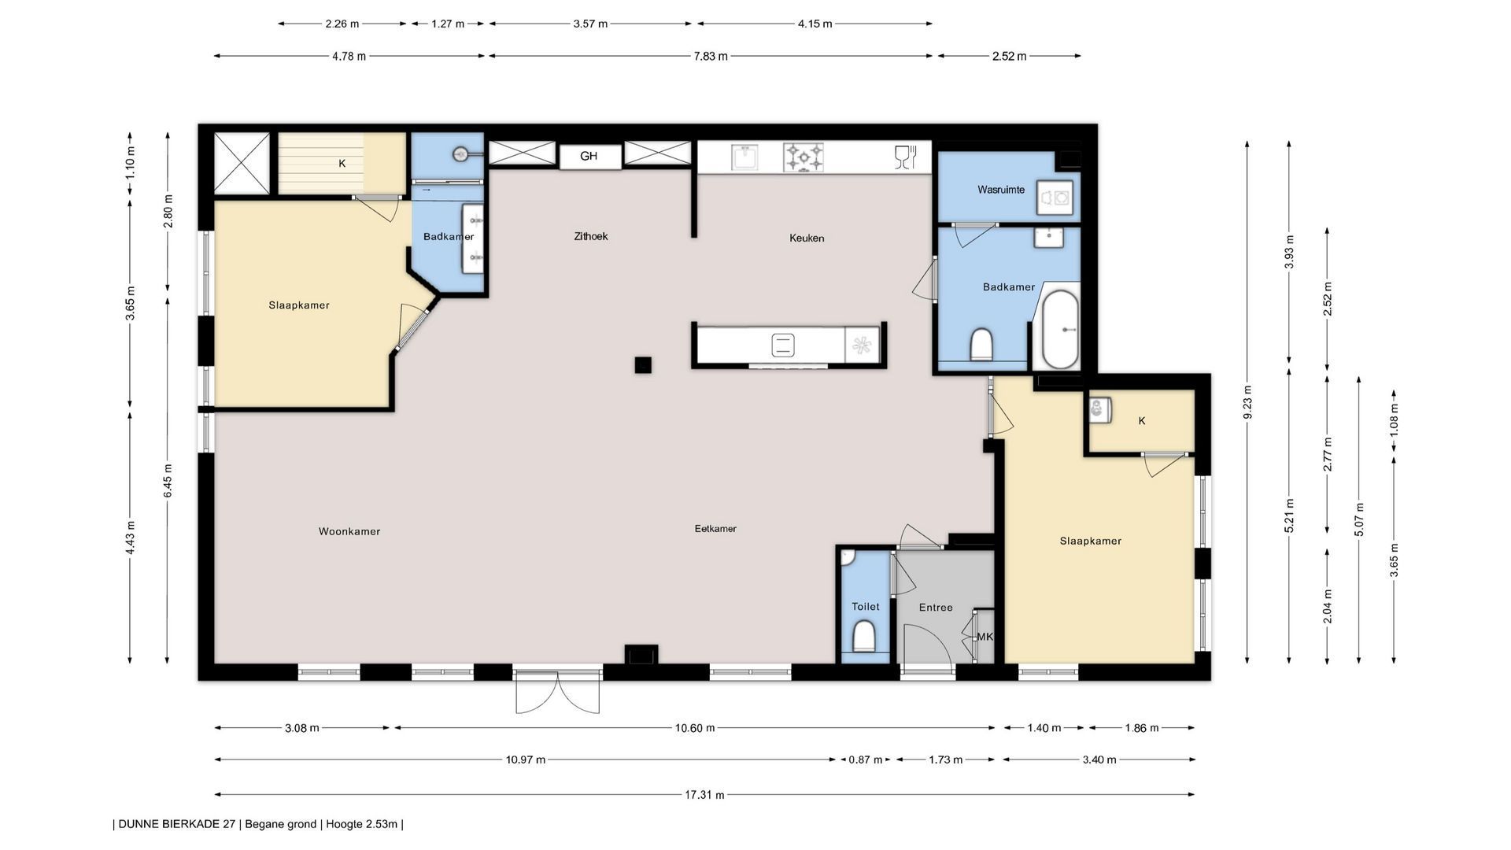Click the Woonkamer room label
349,531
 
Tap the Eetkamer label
715,529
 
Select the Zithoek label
591,236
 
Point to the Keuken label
807,238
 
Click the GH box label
589,156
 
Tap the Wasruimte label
1001,190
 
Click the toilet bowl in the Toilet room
864,636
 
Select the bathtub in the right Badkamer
1060,330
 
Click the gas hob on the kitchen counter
804,157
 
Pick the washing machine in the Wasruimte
1055,198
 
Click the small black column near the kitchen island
643,364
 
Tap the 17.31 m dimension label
704,795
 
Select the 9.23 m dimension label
1247,402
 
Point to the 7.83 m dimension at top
711,56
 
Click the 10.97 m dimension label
526,759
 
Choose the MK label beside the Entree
985,637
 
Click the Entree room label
936,608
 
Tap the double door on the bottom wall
558,691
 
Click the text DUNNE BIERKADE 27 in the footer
177,825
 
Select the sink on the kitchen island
783,345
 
